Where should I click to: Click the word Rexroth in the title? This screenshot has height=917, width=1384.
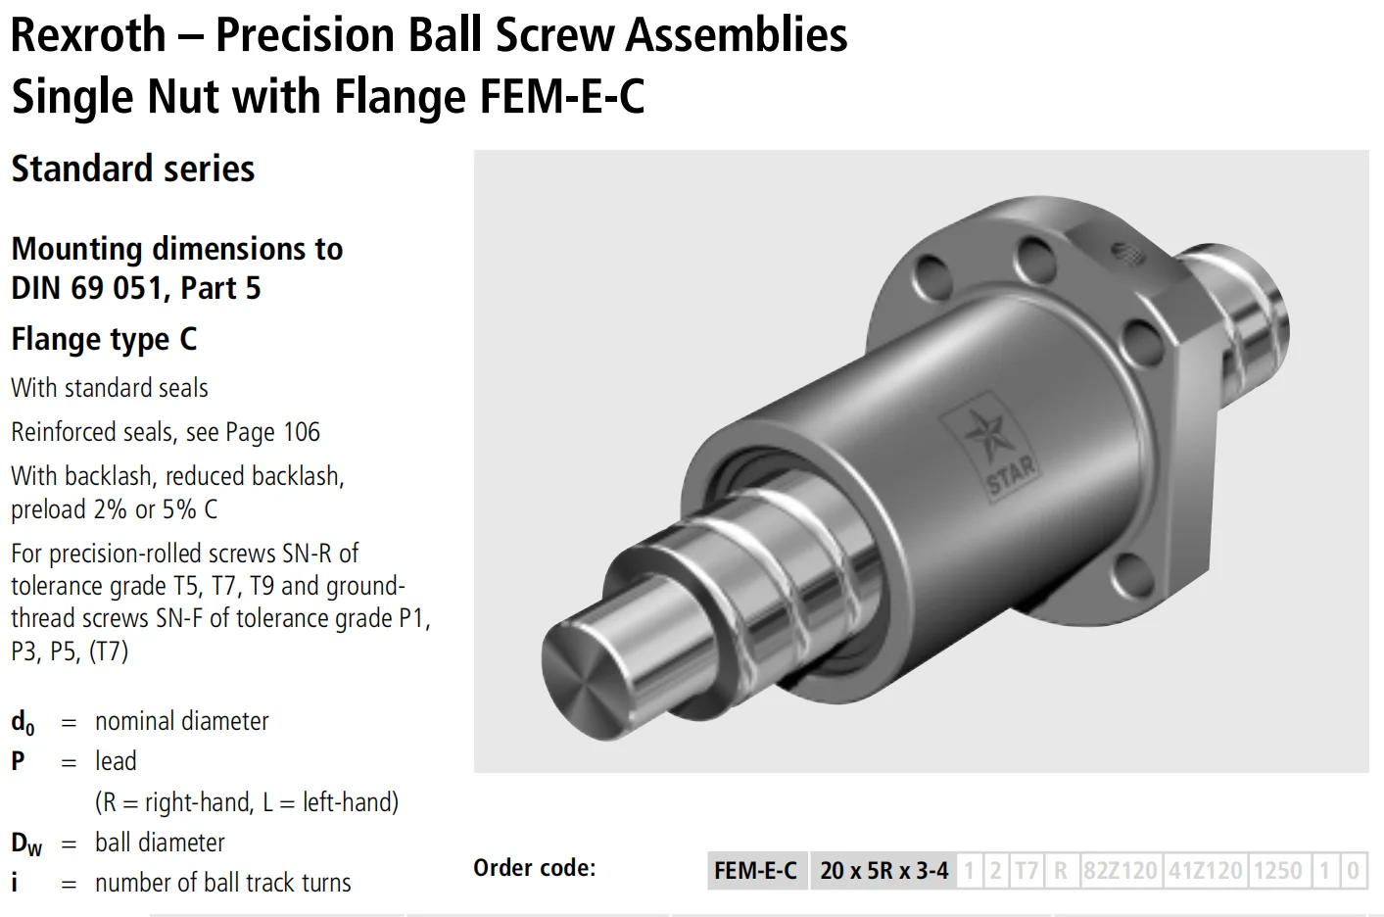click(x=88, y=35)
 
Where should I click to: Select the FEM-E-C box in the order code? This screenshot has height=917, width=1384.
click(x=755, y=870)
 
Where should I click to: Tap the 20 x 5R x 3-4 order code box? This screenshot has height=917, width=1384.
click(x=883, y=870)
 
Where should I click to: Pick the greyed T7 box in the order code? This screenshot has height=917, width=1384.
click(x=1026, y=870)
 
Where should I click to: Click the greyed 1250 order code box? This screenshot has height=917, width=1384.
click(x=1277, y=870)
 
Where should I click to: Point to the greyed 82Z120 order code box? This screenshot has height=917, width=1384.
click(x=1120, y=870)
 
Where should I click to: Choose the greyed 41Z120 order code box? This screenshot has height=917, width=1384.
click(x=1205, y=870)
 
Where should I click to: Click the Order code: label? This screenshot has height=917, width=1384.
click(x=534, y=868)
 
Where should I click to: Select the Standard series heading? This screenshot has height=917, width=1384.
click(x=133, y=169)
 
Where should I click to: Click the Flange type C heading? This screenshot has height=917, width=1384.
click(x=104, y=339)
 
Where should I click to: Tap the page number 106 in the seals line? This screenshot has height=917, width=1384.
click(x=302, y=432)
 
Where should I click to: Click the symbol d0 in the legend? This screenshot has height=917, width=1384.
click(x=23, y=723)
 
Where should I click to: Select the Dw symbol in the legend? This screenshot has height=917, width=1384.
click(x=26, y=844)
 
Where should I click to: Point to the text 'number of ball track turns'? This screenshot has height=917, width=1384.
click(x=222, y=883)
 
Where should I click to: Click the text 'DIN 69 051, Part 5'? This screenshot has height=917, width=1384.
click(x=136, y=288)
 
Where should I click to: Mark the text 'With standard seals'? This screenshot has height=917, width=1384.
click(x=110, y=388)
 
